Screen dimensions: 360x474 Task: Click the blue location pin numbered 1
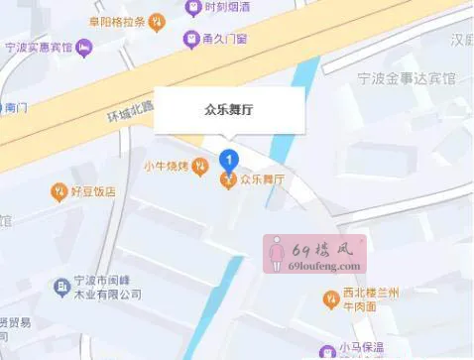pyautogui.click(x=229, y=158)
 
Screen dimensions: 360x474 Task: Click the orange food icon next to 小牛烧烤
pyautogui.click(x=200, y=165)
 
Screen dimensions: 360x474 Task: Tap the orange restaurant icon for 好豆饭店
pyautogui.click(x=60, y=190)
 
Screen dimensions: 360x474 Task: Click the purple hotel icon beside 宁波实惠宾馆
pyautogui.click(x=85, y=46)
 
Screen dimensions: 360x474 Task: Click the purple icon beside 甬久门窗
pyautogui.click(x=190, y=40)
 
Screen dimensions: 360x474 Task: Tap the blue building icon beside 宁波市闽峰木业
pyautogui.click(x=61, y=287)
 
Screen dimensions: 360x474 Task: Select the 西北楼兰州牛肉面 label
pyautogui.click(x=371, y=300)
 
